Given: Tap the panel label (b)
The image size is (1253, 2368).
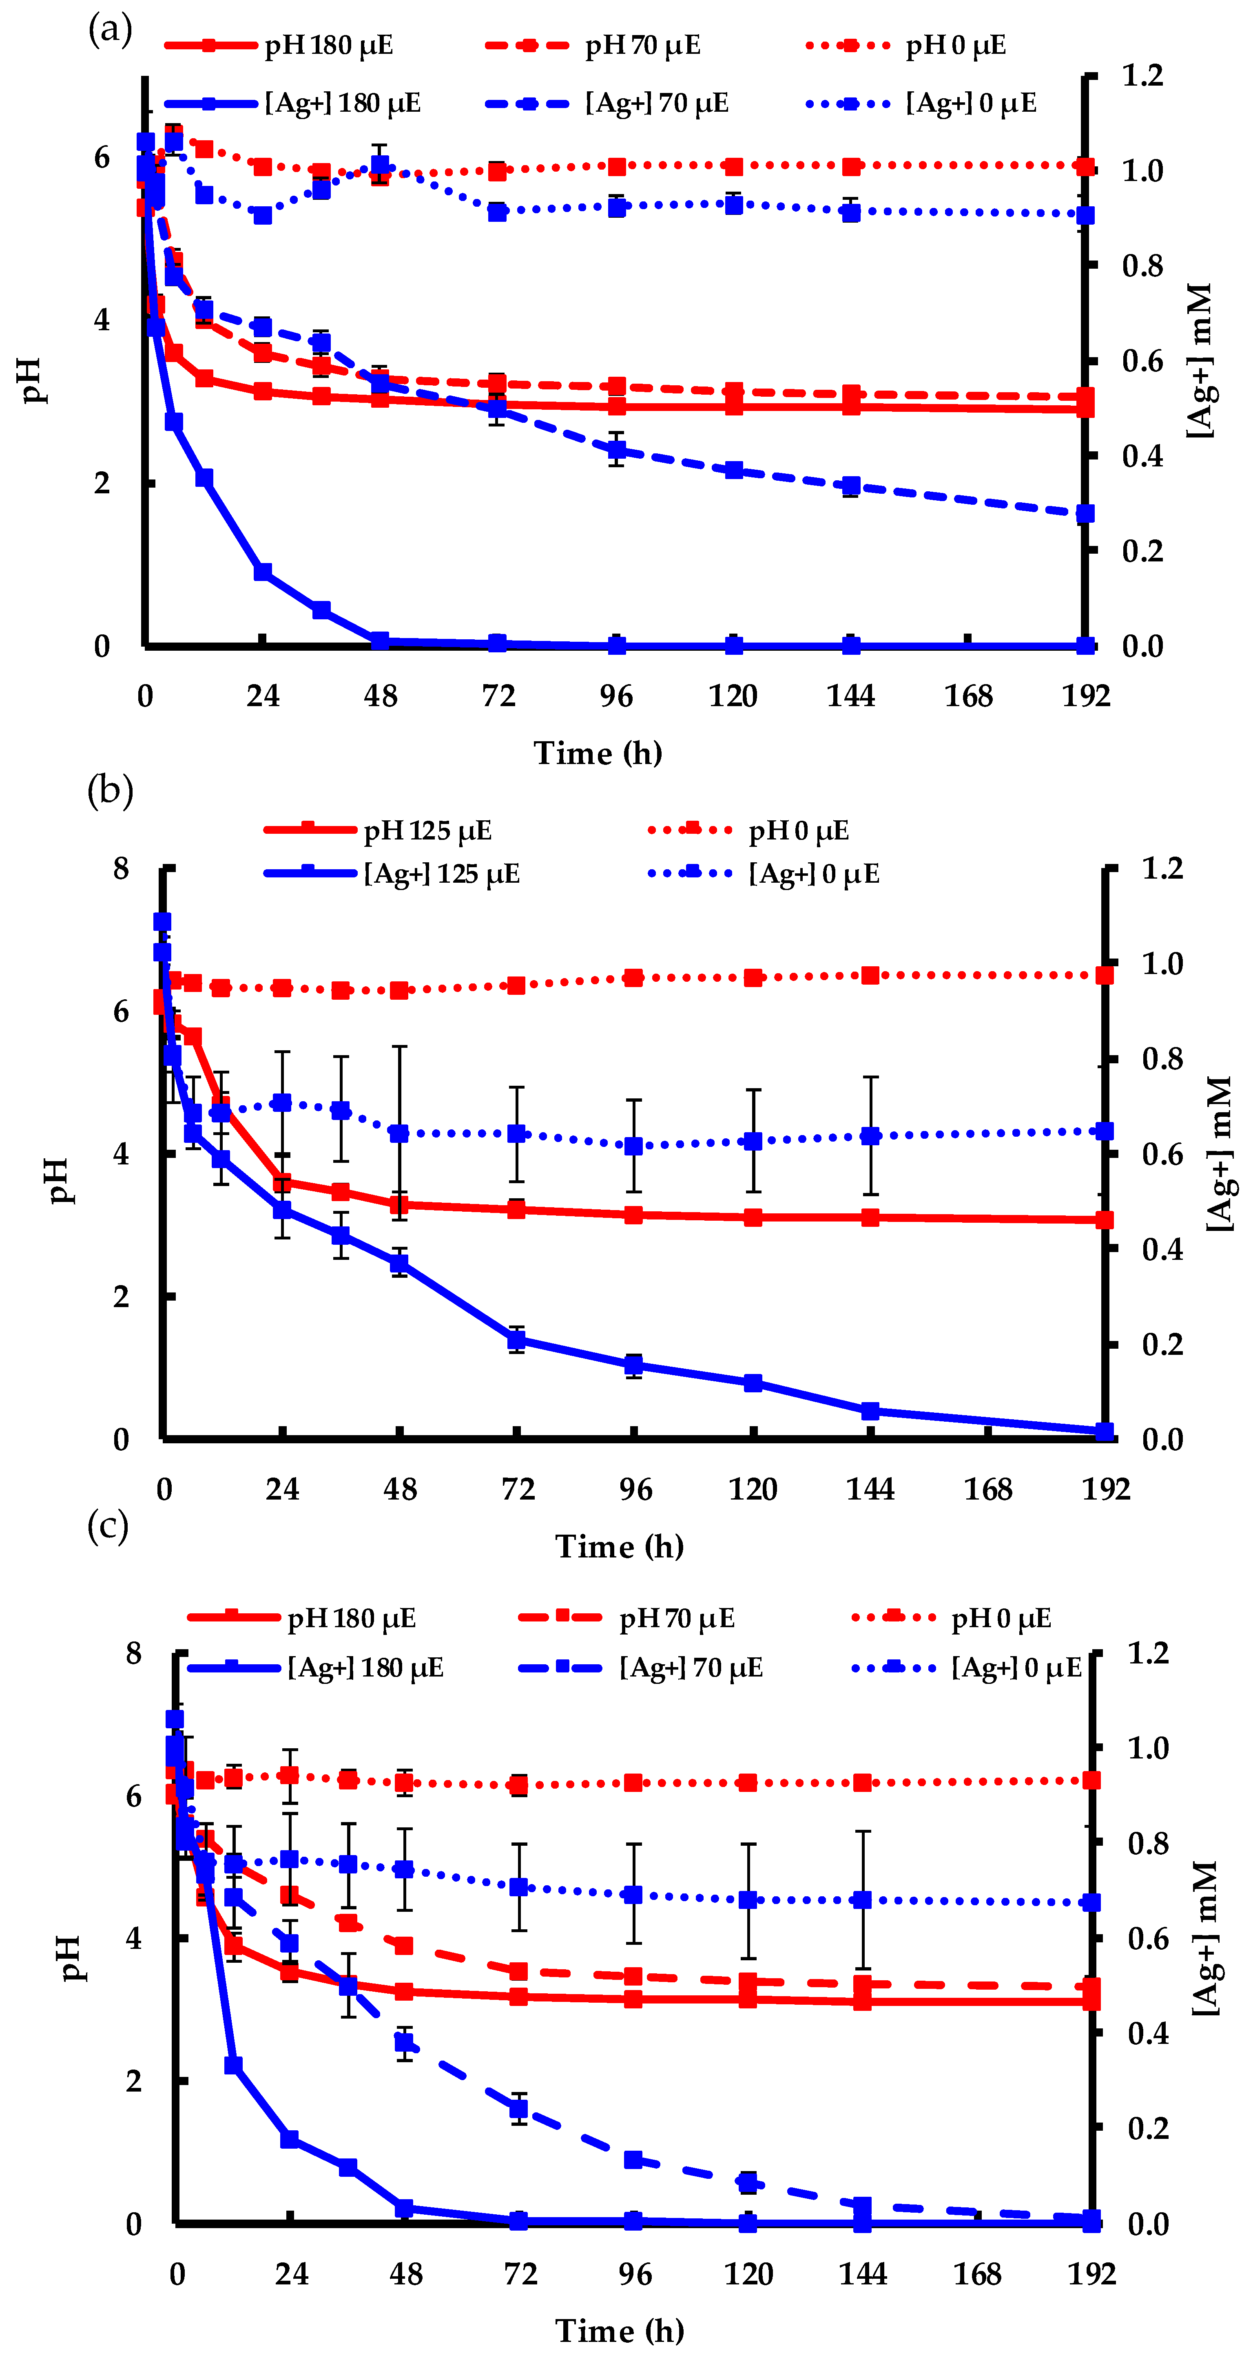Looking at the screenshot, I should tap(109, 791).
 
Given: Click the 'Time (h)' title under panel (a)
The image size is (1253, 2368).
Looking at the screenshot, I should tap(598, 753).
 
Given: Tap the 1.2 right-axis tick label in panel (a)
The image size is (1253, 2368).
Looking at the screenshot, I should tap(1143, 75).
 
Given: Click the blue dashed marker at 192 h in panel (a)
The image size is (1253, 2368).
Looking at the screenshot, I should tap(1086, 514).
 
